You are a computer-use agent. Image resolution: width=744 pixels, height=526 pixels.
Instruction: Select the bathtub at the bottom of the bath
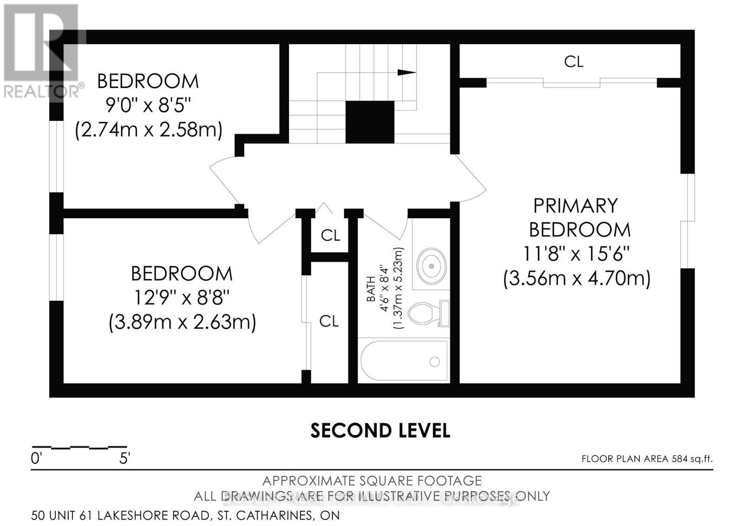[x=404, y=360]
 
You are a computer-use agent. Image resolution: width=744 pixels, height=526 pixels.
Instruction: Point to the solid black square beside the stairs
[x=370, y=122]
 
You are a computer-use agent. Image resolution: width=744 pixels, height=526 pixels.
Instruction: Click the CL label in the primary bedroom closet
[x=573, y=61]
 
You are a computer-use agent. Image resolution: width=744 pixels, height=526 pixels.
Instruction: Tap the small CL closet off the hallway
[x=331, y=235]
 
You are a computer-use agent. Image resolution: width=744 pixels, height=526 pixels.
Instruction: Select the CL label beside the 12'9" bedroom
[x=329, y=321]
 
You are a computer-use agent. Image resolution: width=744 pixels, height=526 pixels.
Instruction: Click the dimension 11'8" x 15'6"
[x=576, y=254]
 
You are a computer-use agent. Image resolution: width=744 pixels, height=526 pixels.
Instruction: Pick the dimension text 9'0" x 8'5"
[x=148, y=106]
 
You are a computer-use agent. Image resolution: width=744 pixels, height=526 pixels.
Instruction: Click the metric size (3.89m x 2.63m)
[x=182, y=322]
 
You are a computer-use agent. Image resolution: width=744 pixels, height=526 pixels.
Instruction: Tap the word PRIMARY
[x=575, y=206]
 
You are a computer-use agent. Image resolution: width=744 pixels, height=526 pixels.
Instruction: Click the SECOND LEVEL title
[x=380, y=431]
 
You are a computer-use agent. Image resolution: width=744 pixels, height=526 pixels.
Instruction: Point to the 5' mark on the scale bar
[x=124, y=459]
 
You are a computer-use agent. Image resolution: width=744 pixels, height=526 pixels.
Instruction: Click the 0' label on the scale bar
[x=37, y=459]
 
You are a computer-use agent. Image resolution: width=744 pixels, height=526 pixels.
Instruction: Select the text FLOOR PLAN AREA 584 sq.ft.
[x=647, y=459]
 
